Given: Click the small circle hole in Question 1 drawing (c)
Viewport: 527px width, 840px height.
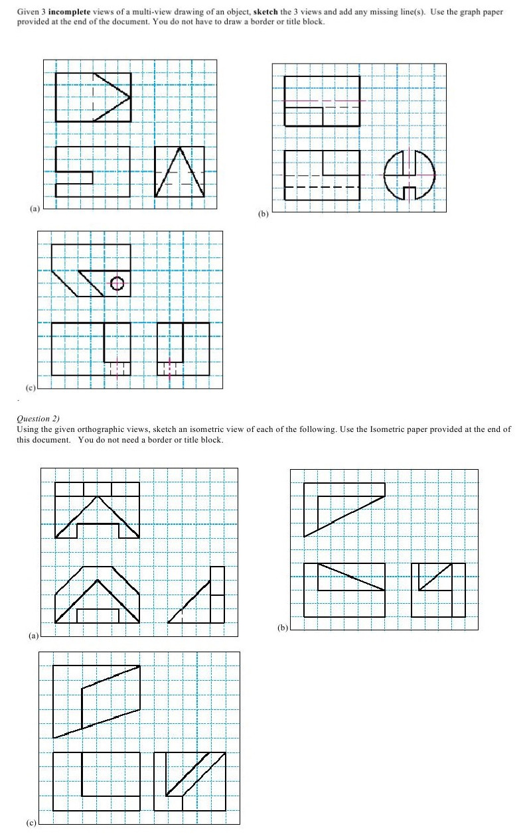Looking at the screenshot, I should click(x=117, y=283).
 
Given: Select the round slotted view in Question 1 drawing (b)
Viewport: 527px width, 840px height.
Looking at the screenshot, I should click(x=410, y=175).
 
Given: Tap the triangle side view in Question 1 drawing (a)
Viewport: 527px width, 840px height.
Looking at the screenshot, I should click(x=179, y=172).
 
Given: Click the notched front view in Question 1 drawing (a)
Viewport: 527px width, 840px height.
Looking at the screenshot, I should click(x=92, y=172).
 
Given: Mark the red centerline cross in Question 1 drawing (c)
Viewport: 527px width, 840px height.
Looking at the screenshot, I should click(x=169, y=367).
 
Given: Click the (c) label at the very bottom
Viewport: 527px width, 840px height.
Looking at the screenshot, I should click(x=31, y=823).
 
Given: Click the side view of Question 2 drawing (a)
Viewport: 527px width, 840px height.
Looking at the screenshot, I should click(x=198, y=595).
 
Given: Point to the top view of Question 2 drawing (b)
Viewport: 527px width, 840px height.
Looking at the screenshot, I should click(x=344, y=509).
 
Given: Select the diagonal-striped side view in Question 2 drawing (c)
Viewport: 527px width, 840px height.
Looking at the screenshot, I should click(x=189, y=781).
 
